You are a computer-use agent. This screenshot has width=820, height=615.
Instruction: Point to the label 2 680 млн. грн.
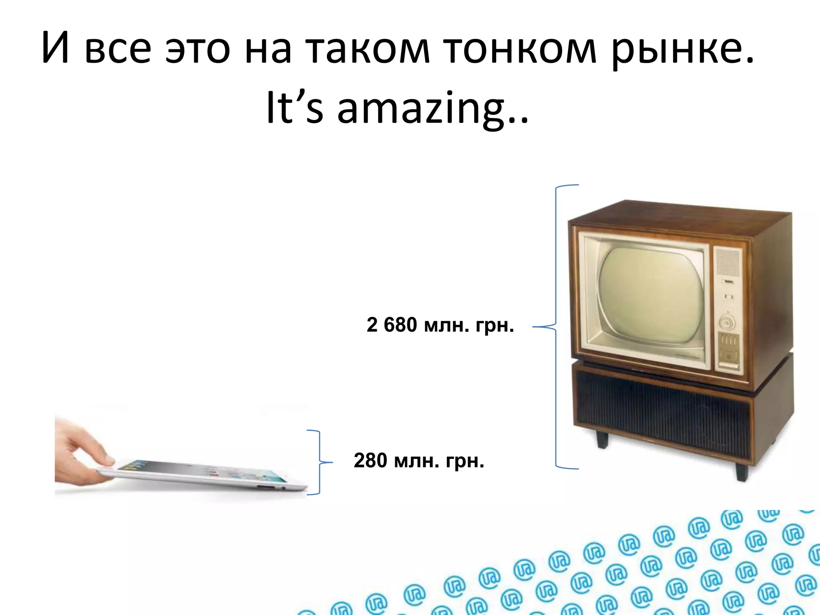click(x=440, y=325)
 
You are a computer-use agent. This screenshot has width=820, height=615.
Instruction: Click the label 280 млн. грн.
click(x=419, y=461)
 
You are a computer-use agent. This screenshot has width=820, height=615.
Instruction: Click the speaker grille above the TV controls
click(x=727, y=263)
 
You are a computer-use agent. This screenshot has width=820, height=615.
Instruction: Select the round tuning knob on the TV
click(x=728, y=322)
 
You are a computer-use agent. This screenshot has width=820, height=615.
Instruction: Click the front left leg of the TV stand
click(x=602, y=439)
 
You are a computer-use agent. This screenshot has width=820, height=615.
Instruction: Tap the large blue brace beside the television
click(x=557, y=327)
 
